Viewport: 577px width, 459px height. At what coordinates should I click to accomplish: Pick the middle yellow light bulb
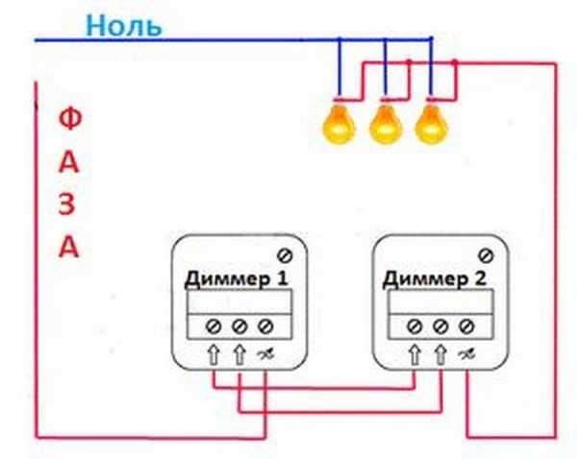point(385,122)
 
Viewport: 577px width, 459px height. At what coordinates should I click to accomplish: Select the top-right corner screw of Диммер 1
point(285,254)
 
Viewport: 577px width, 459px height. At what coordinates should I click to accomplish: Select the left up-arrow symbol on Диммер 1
point(213,354)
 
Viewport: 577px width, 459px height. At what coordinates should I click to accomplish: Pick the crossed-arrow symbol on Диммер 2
point(465,354)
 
